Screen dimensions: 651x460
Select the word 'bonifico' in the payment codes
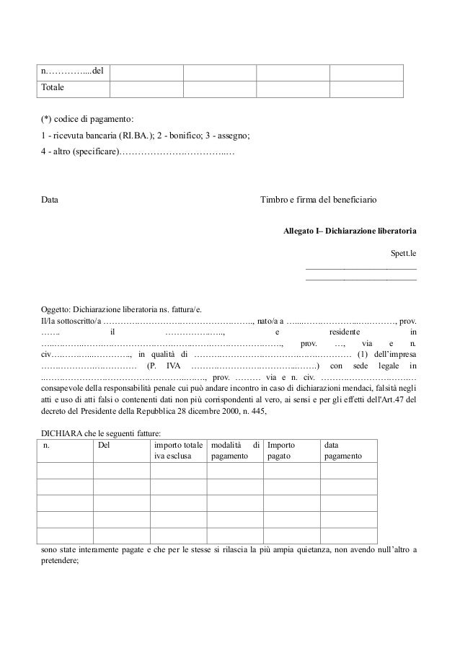click(x=188, y=136)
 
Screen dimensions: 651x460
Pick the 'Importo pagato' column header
click(x=280, y=451)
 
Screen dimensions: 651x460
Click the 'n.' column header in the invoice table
click(x=47, y=446)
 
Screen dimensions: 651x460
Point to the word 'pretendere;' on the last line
click(x=63, y=566)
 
